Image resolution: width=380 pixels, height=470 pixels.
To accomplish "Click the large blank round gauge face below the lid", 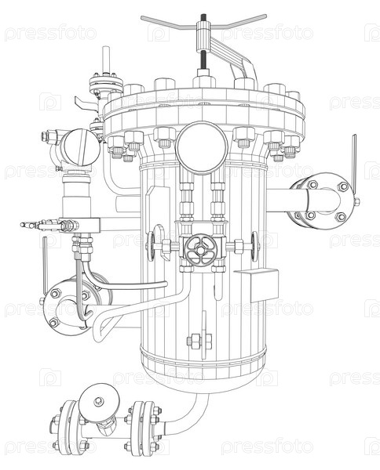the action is coord(202,147).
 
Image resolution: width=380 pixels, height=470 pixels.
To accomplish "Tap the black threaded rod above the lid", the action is coord(203,60).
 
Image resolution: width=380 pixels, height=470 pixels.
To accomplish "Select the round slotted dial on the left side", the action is coord(80,147).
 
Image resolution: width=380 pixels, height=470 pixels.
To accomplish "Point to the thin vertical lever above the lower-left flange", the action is coord(45,265).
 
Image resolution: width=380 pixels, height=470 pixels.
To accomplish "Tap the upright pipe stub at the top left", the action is coord(105,60).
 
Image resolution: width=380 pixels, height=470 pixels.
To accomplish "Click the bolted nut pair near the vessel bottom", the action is coord(199,341).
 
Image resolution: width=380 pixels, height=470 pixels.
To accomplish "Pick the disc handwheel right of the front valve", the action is coord(254,247).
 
